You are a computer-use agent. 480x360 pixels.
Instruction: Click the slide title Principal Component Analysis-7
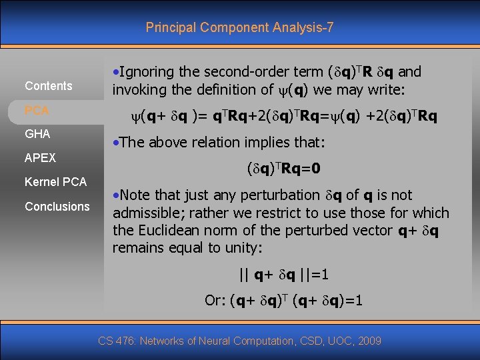point(240,27)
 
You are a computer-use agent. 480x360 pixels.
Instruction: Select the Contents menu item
point(49,86)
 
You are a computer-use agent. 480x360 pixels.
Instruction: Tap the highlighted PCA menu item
point(37,110)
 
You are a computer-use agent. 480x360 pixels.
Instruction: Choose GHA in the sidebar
point(37,134)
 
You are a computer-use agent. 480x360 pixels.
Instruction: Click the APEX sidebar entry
point(40,158)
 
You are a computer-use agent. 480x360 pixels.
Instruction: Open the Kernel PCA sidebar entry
point(55,182)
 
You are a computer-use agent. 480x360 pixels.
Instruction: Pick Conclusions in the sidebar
point(57,207)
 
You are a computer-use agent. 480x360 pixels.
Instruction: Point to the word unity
point(243,248)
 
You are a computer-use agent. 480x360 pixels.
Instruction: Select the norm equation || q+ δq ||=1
point(284,274)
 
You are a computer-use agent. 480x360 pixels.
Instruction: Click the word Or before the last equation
point(213,301)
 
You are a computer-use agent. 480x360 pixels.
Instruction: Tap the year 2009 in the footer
point(369,341)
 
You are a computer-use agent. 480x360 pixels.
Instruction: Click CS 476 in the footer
point(117,341)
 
